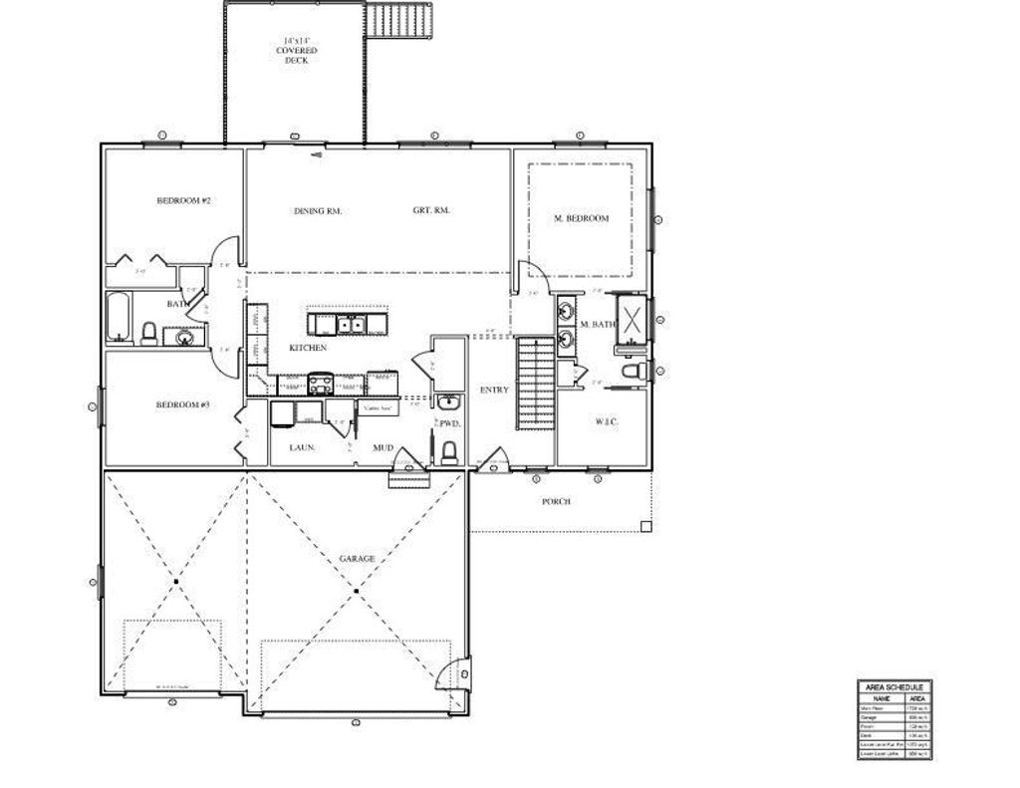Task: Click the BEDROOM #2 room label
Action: [183, 200]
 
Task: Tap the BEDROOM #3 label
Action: [183, 404]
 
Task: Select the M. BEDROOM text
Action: [581, 218]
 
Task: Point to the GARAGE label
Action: [357, 559]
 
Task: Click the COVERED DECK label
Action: [296, 52]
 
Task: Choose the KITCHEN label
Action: [308, 348]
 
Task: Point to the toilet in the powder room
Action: [449, 453]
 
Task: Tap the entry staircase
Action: [536, 383]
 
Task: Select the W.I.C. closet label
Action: [607, 421]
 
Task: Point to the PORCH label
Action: [556, 502]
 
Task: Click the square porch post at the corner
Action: [645, 526]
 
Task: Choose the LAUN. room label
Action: [303, 448]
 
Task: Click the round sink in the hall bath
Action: [185, 337]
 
